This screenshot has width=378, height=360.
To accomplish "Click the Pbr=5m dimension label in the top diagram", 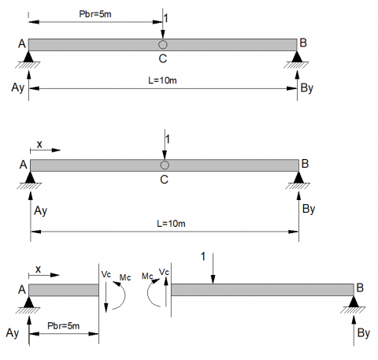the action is point(95,14).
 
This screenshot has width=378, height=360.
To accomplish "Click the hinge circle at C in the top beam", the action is point(163,45).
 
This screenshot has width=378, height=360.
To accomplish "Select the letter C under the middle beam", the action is point(164,180).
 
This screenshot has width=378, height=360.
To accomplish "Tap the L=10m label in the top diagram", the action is point(162,80).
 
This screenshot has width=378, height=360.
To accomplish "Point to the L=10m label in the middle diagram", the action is point(171,224).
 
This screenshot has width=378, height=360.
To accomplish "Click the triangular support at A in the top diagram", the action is point(28,57).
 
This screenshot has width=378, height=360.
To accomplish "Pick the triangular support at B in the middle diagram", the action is point(298,177).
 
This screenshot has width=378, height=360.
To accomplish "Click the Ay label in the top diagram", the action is point(17,87).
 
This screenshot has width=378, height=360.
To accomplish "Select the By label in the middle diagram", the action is point(309,209).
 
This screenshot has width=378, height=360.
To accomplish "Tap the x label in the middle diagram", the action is point(39,144).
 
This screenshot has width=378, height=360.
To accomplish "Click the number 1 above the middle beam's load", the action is point(168,139).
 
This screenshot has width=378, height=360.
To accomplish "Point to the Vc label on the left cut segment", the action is point(106,274).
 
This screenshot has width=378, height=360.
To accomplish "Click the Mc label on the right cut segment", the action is point(147,276).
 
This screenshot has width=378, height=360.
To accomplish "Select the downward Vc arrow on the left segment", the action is point(106,297).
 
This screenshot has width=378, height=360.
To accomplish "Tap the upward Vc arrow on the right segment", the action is point(166,292).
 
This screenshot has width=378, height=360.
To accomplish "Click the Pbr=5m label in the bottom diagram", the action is point(63,326).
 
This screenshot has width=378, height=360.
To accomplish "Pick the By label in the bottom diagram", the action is point(364,333).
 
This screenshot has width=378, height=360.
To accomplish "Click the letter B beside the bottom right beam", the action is point(360,288).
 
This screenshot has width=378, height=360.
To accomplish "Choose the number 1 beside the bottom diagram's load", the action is point(203,257).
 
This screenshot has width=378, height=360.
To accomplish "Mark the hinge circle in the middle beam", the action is point(165,165).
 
